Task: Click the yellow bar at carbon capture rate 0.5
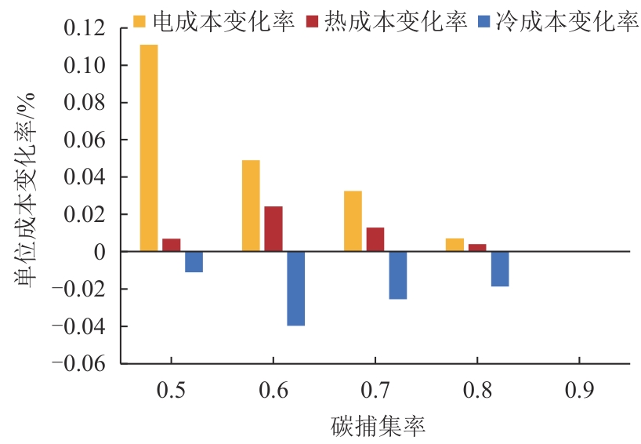pos(149,148)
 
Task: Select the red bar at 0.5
pos(172,245)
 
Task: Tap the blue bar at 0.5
pos(194,262)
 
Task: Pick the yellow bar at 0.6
pos(251,206)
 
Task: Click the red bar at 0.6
pos(273,229)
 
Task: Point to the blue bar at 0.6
pos(295,288)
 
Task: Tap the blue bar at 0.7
pos(397,275)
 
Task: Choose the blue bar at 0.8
pos(500,269)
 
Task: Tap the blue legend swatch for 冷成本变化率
pos(481,21)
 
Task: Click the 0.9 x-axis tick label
pos(579,391)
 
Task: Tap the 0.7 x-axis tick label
pos(375,391)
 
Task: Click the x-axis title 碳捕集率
pos(377,426)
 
